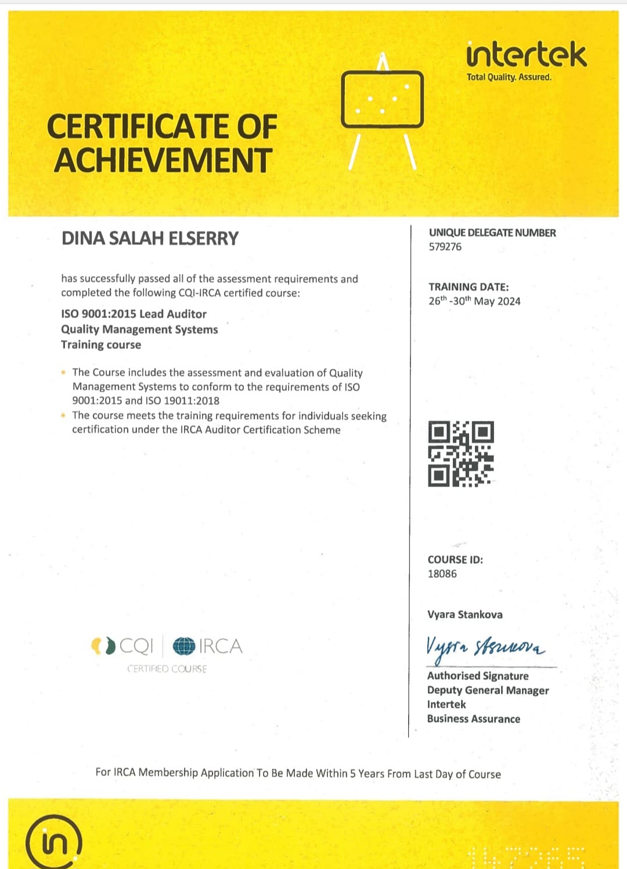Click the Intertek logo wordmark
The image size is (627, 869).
(527, 55)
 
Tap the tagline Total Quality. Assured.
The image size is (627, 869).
(509, 77)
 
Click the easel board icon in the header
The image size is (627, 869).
(382, 99)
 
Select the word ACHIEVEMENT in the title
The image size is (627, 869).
(163, 160)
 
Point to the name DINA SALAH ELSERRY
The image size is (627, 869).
(150, 239)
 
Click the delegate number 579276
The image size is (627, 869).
(445, 247)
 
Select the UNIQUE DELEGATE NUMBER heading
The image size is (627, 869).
(492, 233)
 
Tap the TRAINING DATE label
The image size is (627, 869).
(469, 287)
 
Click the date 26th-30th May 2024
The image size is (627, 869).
(474, 301)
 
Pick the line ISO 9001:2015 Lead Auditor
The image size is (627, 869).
(134, 314)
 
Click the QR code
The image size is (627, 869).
(461, 454)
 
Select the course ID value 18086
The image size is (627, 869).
(442, 574)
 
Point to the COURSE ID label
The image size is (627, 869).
(455, 560)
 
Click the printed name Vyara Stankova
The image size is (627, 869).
(465, 614)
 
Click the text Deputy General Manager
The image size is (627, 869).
(488, 690)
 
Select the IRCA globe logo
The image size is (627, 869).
(184, 646)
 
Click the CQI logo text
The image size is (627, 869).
(136, 646)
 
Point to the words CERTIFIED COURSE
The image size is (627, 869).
(167, 669)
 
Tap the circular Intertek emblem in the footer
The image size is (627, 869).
(53, 842)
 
